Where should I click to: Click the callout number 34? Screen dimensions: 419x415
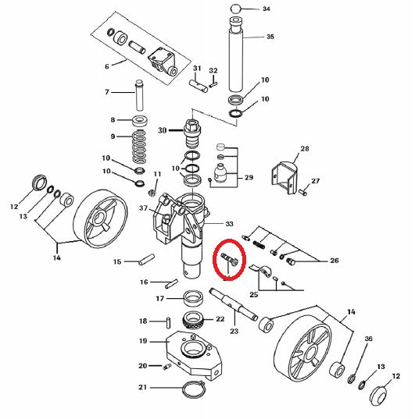[x=267, y=9]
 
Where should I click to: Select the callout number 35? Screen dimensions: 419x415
[x=270, y=37]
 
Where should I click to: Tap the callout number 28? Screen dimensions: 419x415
[x=305, y=148]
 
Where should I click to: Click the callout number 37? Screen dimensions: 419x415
[x=144, y=208]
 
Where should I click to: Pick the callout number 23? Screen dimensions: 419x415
[x=234, y=332]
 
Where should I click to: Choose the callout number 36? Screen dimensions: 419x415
[x=368, y=339]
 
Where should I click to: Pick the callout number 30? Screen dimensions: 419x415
[x=163, y=130]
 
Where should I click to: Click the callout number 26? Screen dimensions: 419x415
[x=335, y=261]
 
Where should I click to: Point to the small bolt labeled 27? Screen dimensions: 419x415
[x=302, y=190]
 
